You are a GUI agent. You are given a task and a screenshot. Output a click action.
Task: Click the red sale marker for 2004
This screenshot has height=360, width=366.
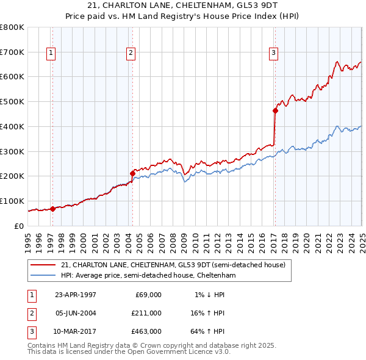[132, 173]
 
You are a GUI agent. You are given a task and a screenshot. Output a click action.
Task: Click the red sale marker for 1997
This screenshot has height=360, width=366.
[53, 209]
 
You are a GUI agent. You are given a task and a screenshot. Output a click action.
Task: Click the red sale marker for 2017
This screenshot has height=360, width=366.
[274, 110]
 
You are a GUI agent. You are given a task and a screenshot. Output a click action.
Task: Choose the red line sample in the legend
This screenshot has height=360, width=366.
[43, 264]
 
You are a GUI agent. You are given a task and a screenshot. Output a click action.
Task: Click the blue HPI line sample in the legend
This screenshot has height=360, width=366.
[43, 275]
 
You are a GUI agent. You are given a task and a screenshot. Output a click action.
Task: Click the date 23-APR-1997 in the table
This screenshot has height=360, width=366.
[76, 295]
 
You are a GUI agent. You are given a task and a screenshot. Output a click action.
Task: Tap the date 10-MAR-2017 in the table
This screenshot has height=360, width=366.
[76, 332]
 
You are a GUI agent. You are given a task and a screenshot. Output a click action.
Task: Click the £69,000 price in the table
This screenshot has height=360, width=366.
[147, 295]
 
